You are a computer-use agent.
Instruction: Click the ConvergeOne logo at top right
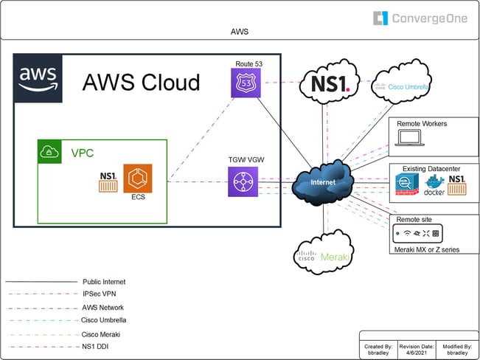(420, 18)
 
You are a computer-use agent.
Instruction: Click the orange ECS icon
(138, 178)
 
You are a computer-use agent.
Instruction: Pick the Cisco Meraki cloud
(322, 254)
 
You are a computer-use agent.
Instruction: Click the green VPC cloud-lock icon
(49, 152)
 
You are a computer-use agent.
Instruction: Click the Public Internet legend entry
(104, 281)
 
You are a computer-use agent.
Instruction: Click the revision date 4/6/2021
(417, 353)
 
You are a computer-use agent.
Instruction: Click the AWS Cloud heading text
(140, 82)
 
